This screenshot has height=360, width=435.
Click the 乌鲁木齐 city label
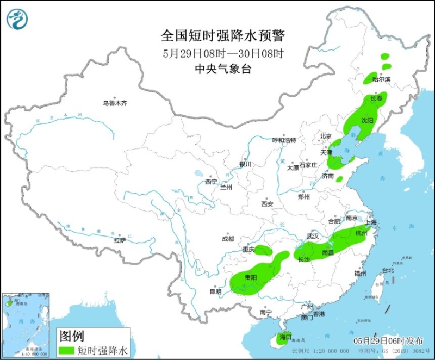(x=115, y=103)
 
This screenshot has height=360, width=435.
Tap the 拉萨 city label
(x=120, y=240)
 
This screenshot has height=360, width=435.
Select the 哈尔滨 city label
(x=382, y=79)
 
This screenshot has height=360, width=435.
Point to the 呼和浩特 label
(x=284, y=140)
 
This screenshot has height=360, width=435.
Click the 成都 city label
(x=228, y=239)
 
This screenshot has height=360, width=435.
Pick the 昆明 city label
(x=215, y=292)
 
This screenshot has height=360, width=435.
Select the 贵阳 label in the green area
(x=251, y=278)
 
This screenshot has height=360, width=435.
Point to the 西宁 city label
(x=211, y=182)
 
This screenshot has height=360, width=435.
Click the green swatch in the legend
(x=67, y=350)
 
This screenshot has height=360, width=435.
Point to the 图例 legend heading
(x=71, y=336)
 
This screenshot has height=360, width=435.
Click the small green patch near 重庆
(x=264, y=251)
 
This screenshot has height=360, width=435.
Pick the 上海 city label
(x=371, y=222)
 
